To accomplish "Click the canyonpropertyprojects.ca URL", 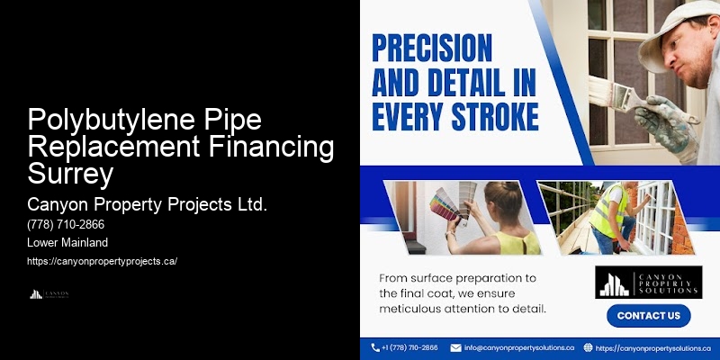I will (103, 261).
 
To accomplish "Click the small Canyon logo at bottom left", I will (49, 294).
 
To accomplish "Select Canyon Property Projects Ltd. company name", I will (148, 204).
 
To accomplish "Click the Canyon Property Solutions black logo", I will (647, 282).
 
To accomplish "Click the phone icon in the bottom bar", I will (375, 347).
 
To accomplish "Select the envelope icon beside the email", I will (456, 347).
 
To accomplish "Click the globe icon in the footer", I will (588, 347).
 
